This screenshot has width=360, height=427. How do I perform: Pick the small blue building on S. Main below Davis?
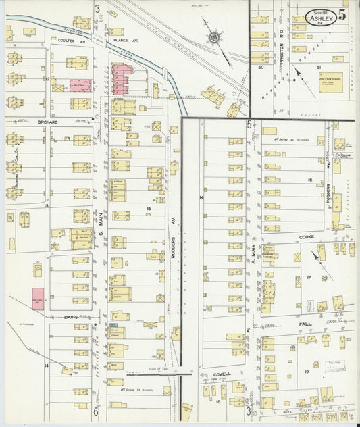coord(113,326)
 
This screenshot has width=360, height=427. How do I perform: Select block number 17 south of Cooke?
coord(308,277)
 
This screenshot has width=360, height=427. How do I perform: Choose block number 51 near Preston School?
coord(317,67)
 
